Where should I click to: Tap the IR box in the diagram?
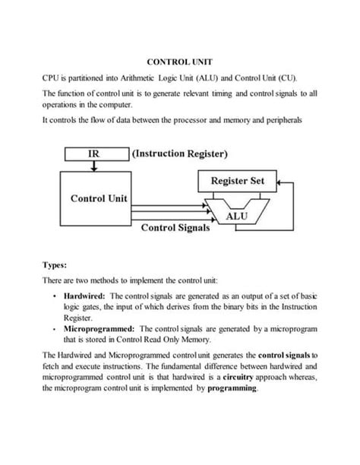pos(93,153)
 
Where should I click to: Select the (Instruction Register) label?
pos(180,153)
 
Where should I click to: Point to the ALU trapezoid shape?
pos(235,216)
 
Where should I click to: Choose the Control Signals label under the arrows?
pos(175,227)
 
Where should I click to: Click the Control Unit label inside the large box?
pos(99,199)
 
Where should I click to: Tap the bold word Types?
pos(55,266)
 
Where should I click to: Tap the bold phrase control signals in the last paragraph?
pos(285,356)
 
